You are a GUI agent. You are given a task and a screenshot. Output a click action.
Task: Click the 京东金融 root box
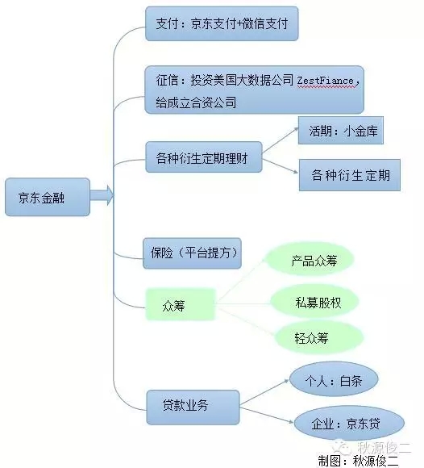(48, 197)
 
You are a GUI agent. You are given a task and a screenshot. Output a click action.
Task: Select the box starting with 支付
(222, 24)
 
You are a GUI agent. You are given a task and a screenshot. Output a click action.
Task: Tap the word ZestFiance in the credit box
(325, 81)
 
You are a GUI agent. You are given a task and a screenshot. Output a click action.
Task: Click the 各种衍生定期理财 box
(204, 157)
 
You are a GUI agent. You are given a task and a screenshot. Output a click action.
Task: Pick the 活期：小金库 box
(341, 131)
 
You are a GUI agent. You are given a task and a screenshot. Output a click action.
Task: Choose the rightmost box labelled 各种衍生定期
(350, 175)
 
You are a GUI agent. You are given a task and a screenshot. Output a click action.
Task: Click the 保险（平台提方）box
(192, 253)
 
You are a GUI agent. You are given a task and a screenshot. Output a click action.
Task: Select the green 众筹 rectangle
(180, 304)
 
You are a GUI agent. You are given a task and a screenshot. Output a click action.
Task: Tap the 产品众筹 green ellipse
(310, 260)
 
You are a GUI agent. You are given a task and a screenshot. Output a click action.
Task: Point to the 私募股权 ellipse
(314, 302)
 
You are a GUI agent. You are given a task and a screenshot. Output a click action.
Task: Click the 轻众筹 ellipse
(319, 338)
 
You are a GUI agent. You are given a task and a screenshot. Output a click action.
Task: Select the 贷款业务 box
(193, 407)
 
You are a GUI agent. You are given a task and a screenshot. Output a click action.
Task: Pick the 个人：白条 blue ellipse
(334, 379)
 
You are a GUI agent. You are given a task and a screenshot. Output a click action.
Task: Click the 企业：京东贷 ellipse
(349, 423)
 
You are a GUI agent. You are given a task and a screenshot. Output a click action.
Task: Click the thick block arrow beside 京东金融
(102, 195)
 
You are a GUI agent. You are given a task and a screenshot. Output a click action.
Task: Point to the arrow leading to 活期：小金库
(281, 140)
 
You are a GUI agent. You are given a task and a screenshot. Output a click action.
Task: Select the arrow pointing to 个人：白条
(264, 392)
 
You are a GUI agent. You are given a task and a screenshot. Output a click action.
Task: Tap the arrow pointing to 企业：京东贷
(267, 416)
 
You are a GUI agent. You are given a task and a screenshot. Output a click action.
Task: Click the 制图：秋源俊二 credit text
(358, 460)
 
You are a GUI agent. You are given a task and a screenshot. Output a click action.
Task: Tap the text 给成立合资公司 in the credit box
(196, 102)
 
